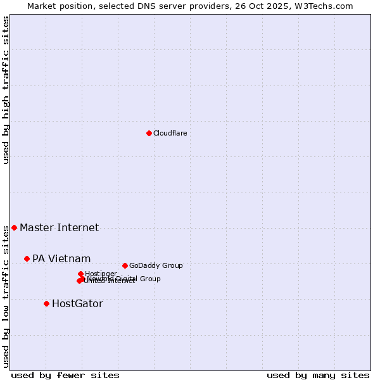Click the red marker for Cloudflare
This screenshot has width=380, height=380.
(149, 133)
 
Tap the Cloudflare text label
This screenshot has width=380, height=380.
(170, 133)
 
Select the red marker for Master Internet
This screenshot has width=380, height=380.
(14, 227)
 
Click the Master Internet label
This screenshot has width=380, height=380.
(59, 227)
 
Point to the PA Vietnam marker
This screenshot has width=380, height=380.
(27, 258)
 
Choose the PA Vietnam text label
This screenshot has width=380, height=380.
(61, 258)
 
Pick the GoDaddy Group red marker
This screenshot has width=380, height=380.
(125, 265)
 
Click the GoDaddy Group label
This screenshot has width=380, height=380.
(156, 265)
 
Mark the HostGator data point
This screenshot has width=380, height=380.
(46, 303)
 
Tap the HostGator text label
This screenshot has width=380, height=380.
(77, 303)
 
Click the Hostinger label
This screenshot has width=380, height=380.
(101, 274)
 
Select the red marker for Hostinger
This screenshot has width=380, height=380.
(80, 274)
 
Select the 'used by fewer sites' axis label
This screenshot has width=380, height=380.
(65, 375)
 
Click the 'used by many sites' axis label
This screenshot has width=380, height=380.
(318, 375)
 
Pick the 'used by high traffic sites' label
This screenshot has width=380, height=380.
(6, 90)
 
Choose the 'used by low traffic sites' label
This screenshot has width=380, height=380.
(6, 296)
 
